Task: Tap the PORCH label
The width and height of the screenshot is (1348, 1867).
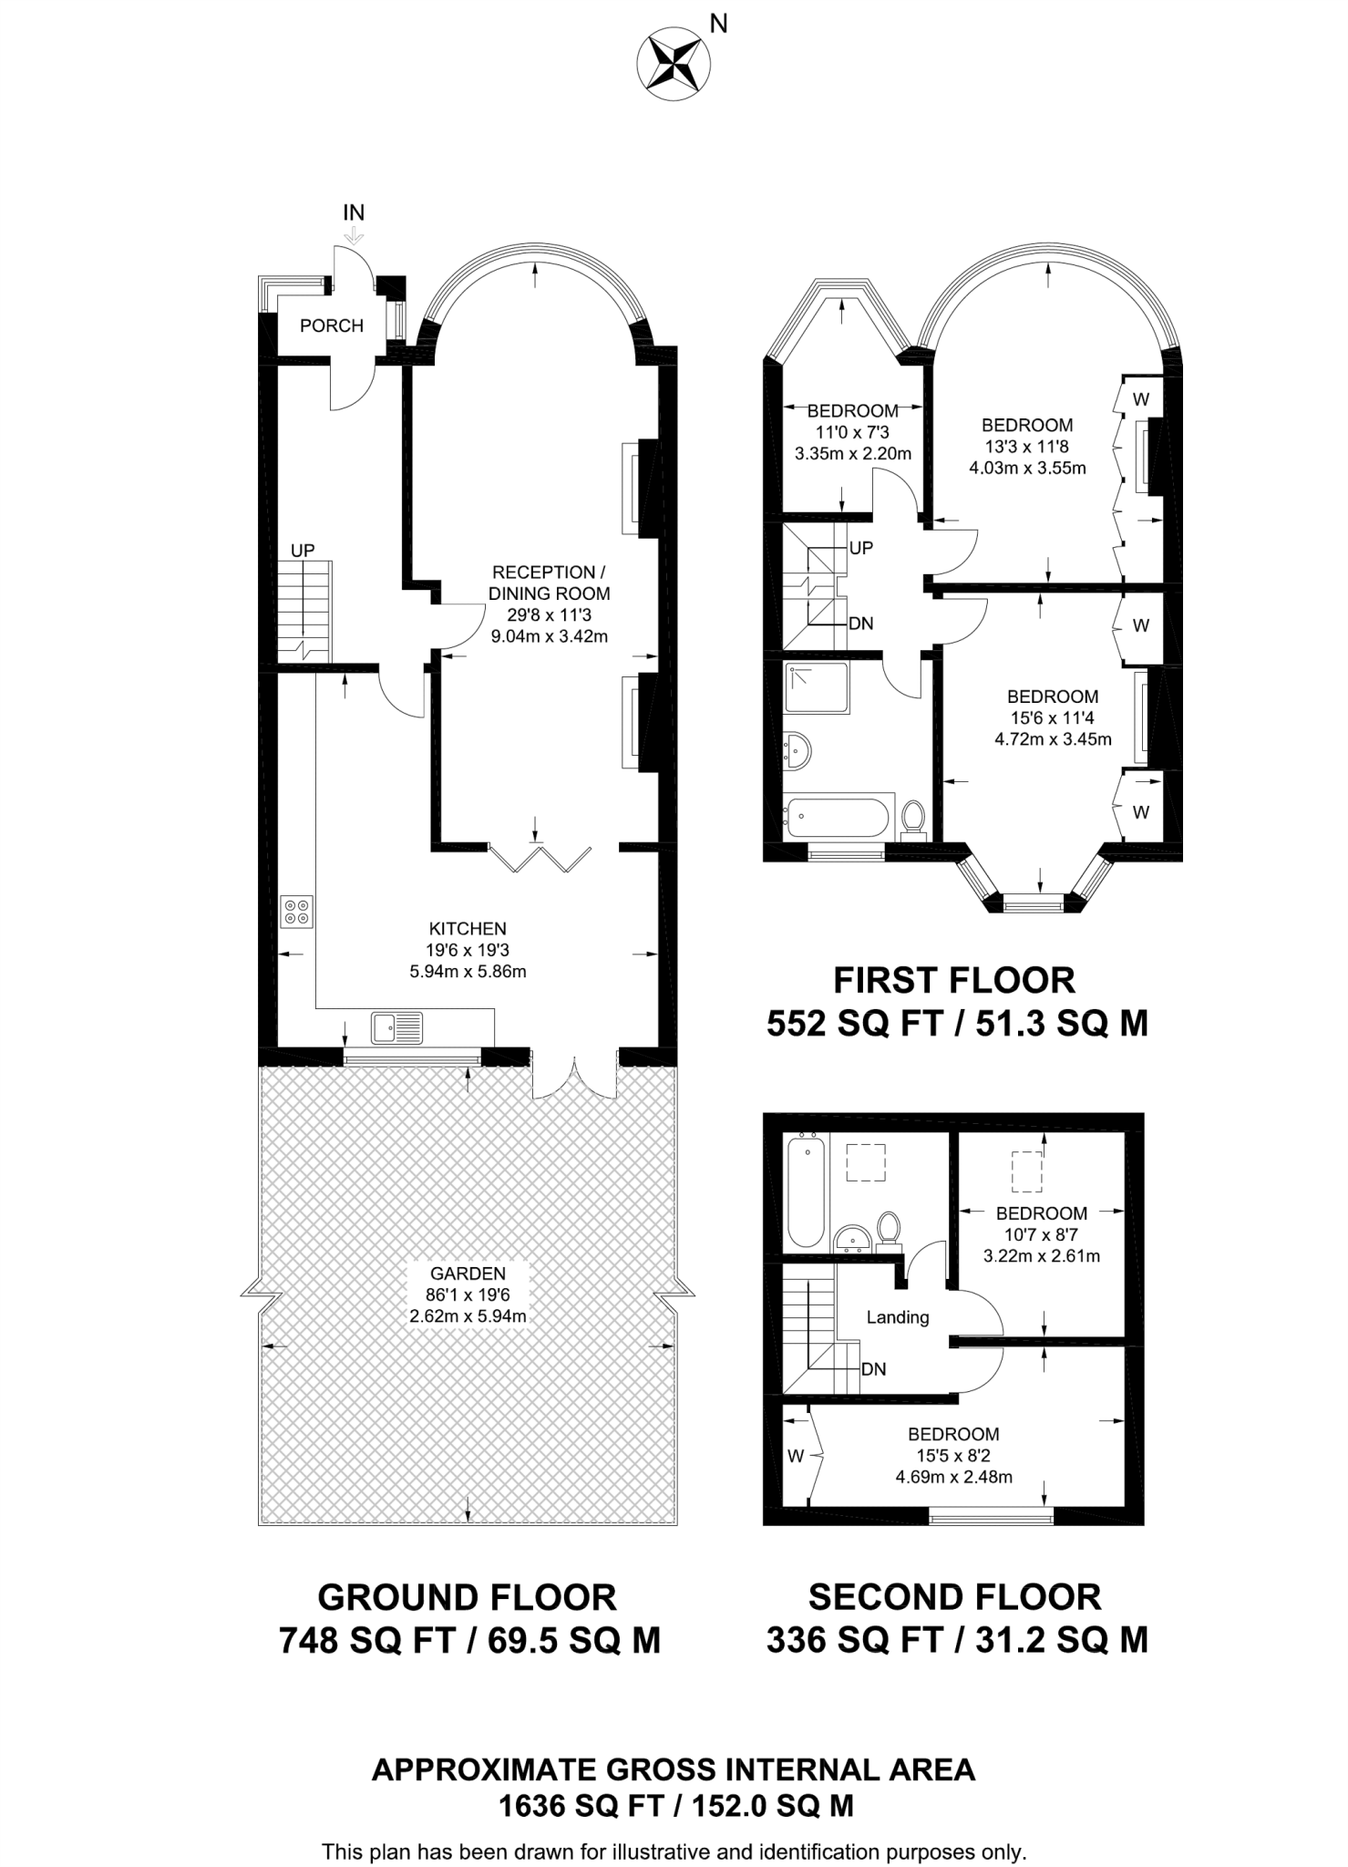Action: click(331, 325)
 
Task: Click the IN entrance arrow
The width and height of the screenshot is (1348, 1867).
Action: click(354, 235)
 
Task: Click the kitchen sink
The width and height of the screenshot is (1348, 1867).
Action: click(396, 1027)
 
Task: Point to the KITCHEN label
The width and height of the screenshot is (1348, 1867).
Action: click(468, 929)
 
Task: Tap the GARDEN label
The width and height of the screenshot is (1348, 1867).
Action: click(468, 1274)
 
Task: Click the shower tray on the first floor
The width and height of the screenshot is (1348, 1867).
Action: click(817, 688)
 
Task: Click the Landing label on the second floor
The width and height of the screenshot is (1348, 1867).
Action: click(898, 1317)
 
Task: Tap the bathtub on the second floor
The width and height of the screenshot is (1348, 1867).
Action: click(806, 1191)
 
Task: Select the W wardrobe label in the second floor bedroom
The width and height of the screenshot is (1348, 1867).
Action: click(796, 1457)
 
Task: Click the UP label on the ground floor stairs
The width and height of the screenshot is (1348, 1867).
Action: click(303, 551)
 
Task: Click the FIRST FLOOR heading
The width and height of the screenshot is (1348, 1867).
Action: click(954, 980)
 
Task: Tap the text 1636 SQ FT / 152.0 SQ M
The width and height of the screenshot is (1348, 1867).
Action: click(675, 1806)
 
